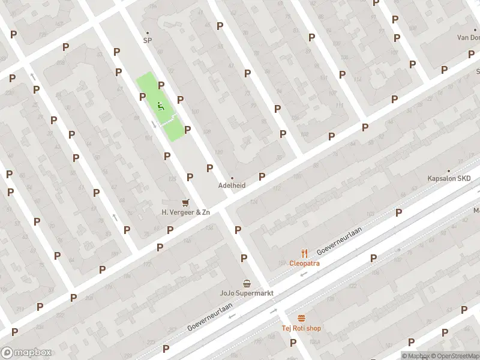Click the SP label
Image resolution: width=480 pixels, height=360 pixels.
tap(147, 41)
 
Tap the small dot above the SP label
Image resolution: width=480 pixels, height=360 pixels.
tap(147, 32)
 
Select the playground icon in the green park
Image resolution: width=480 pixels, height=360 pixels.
tap(160, 106)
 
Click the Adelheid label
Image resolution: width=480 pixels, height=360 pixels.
tap(232, 185)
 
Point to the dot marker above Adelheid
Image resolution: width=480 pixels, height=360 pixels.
tap(232, 178)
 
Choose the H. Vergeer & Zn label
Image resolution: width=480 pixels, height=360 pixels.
tap(186, 212)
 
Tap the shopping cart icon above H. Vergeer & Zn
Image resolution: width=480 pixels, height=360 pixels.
tap(185, 203)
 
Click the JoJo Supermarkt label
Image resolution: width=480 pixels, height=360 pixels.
tap(247, 293)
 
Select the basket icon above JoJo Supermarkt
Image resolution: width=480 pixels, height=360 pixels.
tap(247, 283)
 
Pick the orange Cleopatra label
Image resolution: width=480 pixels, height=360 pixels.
tap(304, 263)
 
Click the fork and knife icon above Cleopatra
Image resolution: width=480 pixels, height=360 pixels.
tap(304, 253)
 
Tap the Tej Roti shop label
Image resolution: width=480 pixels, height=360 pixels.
tap(301, 328)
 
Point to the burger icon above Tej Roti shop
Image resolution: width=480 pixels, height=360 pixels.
tap(301, 318)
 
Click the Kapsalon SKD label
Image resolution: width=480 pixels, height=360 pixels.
tap(449, 179)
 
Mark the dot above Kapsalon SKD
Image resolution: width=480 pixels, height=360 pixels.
tap(449, 170)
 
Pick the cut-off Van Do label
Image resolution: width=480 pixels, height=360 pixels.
tap(468, 37)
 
